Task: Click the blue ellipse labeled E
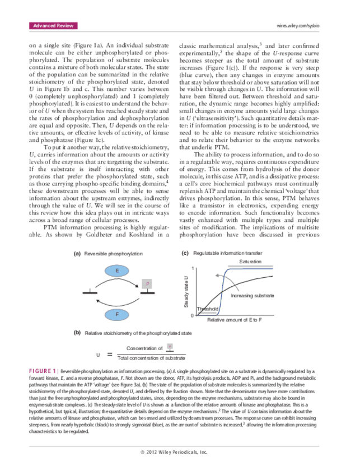117,271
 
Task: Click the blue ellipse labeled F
117,314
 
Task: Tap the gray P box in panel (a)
147,285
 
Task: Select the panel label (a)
77,254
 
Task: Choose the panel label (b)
78,333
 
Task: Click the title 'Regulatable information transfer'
230,254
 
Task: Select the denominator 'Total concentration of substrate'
151,357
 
